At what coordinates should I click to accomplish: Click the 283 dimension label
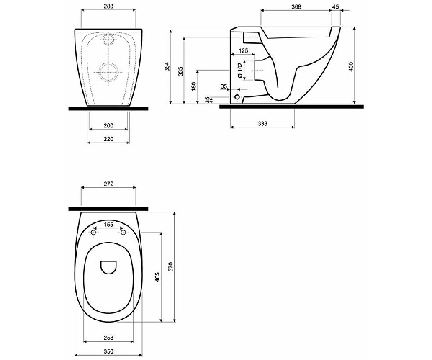[x=108, y=6]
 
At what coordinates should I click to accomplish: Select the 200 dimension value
[x=108, y=125]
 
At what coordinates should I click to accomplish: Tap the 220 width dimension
[x=108, y=139]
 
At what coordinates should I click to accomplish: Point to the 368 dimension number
[x=296, y=6]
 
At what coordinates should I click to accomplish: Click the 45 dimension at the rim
[x=336, y=6]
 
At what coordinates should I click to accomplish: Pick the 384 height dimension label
[x=167, y=67]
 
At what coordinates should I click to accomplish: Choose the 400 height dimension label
[x=351, y=67]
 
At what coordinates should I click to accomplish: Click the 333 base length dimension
[x=262, y=123]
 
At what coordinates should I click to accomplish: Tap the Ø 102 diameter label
[x=240, y=70]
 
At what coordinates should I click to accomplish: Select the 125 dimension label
[x=243, y=50]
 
